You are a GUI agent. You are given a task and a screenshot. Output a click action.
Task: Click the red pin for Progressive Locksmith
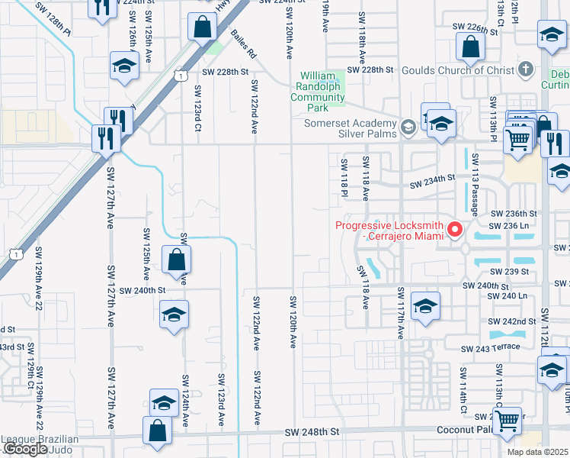pyautogui.click(x=456, y=229)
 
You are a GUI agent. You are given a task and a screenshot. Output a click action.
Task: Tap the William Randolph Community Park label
pyautogui.click(x=322, y=86)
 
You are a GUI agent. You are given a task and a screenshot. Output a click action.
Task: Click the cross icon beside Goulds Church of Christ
pyautogui.click(x=524, y=69)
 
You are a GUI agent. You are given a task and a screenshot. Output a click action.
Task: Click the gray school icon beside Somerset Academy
pyautogui.click(x=408, y=126)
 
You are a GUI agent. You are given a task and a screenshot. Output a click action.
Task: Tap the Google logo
pyautogui.click(x=25, y=449)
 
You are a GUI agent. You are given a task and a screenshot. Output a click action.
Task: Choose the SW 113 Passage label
pyautogui.click(x=476, y=184)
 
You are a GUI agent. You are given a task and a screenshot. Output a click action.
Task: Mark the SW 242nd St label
pyautogui.click(x=512, y=321)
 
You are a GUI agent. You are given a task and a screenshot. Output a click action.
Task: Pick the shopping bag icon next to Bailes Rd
pyautogui.click(x=202, y=27)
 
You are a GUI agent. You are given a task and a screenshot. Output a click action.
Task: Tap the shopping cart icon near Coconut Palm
pyautogui.click(x=507, y=421)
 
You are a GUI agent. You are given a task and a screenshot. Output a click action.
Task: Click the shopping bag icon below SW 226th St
pyautogui.click(x=470, y=50)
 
